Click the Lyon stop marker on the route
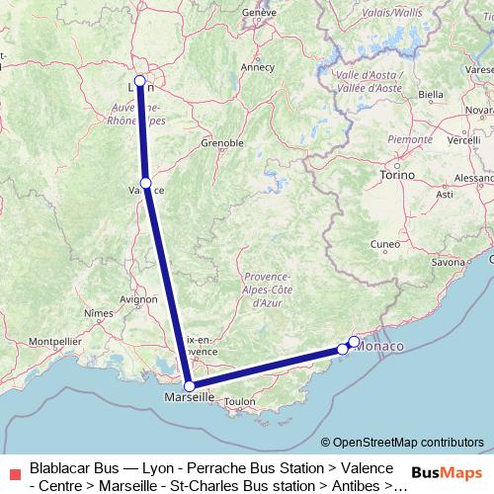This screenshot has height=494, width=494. [x=140, y=81]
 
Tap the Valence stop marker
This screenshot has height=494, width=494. [x=146, y=183]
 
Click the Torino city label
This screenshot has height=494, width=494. [x=398, y=175]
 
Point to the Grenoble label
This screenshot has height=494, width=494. [x=222, y=143]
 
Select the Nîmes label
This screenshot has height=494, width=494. [x=100, y=312]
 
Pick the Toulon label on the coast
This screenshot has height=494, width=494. [x=240, y=402]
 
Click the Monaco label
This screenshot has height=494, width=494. [x=381, y=347]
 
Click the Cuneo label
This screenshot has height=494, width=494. [x=384, y=243]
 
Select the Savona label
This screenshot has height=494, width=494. [x=448, y=263]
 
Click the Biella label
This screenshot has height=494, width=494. [x=431, y=95]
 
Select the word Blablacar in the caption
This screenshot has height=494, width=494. [x=60, y=467]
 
